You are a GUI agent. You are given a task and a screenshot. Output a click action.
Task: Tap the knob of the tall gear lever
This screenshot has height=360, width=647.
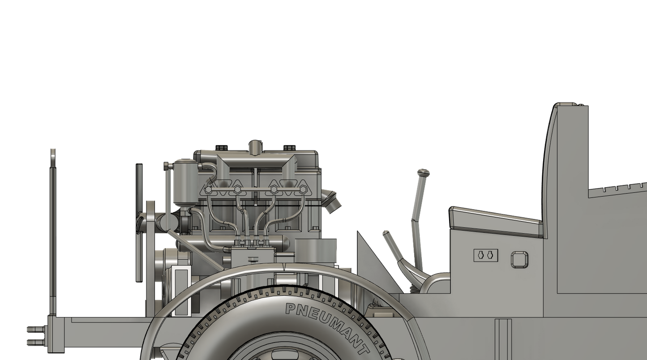pos(424,172)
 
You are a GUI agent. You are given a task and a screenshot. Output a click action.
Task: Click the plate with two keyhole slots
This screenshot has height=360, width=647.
pos(485,255)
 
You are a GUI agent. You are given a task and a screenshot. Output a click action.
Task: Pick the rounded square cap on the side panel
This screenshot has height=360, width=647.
pos(519,259)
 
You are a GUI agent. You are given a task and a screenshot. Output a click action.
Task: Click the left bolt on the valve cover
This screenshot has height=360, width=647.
pos(222,148)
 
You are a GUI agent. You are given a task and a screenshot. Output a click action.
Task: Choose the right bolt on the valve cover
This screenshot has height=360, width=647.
pos(289,148)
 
